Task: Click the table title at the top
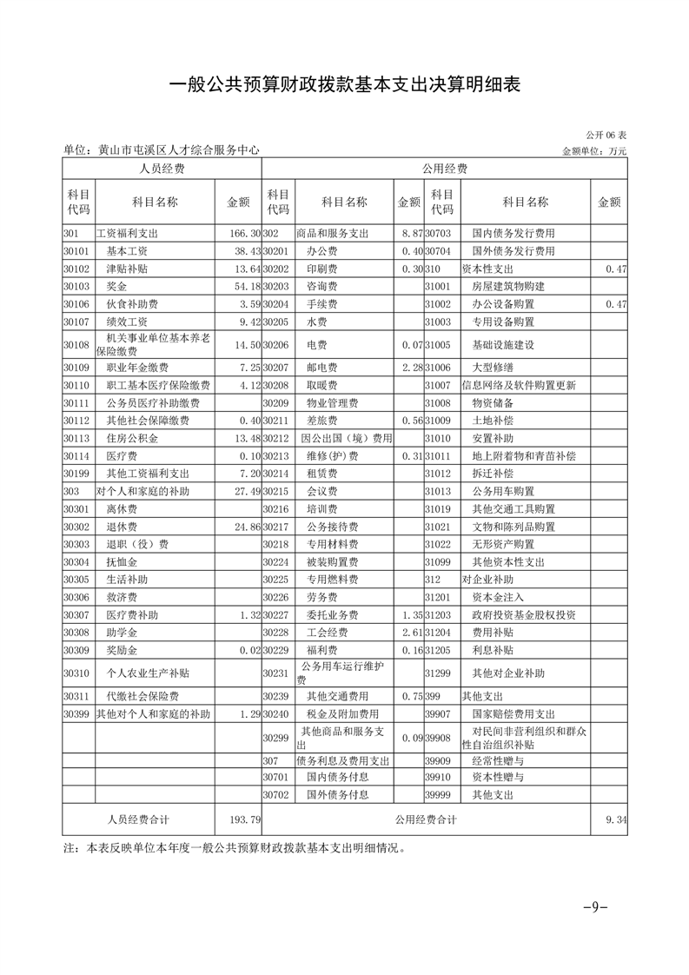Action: click(344, 84)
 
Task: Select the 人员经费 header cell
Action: click(162, 169)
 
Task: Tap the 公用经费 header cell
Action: click(444, 169)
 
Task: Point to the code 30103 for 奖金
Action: click(77, 286)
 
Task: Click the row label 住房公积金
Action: click(130, 438)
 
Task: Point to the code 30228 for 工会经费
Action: click(275, 632)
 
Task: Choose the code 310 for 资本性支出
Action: click(434, 269)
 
